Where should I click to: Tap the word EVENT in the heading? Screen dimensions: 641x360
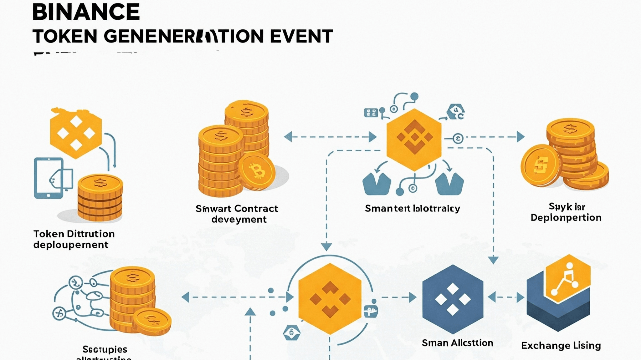301,36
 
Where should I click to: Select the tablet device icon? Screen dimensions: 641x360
49,178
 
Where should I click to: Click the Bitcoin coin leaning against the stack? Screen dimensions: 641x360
257,171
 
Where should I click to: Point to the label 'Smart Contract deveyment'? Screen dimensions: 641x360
237,214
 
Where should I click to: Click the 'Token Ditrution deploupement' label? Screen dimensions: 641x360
74,239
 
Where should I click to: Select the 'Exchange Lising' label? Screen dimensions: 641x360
561,346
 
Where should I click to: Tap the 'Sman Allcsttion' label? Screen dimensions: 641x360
457,343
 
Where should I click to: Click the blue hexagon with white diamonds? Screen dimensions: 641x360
453,299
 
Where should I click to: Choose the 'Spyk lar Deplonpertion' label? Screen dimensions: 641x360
566,212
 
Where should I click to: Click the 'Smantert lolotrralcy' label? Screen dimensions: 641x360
413,208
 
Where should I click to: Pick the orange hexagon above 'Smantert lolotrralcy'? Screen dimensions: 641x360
414,139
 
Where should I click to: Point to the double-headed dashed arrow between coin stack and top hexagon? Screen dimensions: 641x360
330,137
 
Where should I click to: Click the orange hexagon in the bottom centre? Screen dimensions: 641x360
330,299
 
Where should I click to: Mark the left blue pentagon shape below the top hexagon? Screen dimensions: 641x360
377,185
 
